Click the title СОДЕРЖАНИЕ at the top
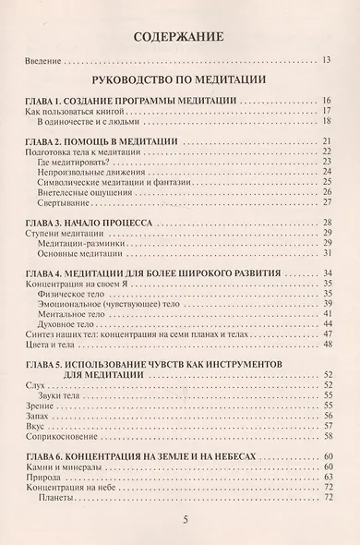point(180,38)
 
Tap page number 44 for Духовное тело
point(326,324)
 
